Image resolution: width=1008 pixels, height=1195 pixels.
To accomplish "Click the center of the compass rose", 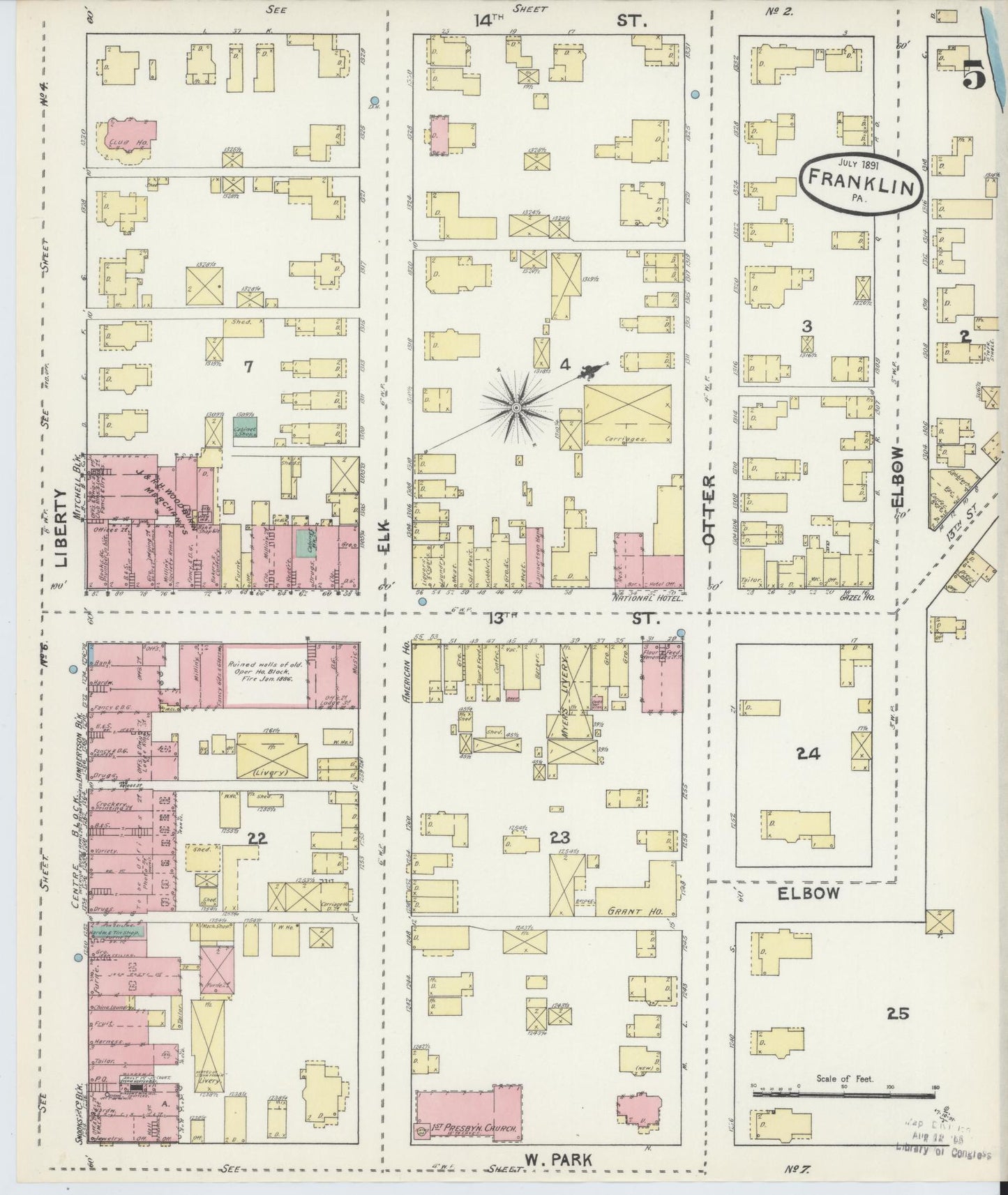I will [516, 406].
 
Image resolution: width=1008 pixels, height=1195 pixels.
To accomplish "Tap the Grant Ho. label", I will [626, 911].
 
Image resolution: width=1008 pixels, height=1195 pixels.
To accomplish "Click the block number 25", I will [898, 1014].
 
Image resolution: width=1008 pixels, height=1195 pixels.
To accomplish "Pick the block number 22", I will [257, 839].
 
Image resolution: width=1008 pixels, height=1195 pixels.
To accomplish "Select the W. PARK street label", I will [558, 1159].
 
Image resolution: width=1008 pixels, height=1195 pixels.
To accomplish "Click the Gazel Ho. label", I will [859, 597].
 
